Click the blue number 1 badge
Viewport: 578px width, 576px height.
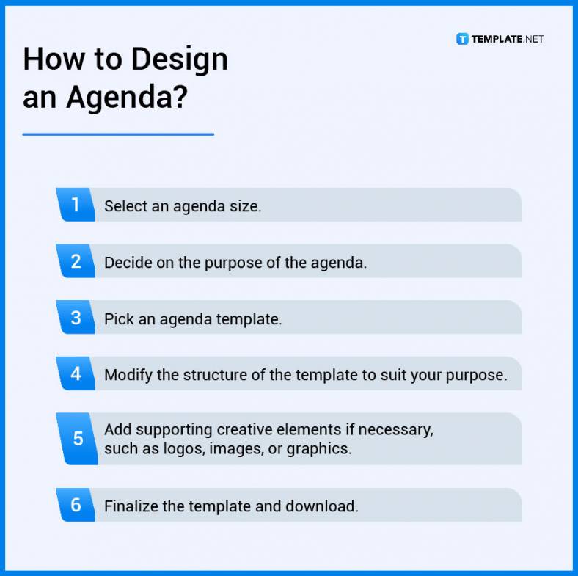(76, 205)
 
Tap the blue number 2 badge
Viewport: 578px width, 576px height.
(76, 261)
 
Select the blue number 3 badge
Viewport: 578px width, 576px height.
(76, 318)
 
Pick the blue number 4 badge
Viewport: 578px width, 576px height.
(76, 374)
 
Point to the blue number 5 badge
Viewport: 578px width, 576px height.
(77, 439)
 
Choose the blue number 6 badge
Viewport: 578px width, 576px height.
(76, 505)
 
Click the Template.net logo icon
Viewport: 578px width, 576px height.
(462, 39)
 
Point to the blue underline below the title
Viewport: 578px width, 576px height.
(118, 134)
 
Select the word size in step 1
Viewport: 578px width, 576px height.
(245, 206)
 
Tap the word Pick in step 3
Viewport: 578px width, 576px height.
(117, 319)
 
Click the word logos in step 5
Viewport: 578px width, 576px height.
(184, 448)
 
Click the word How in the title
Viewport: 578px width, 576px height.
(51, 59)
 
